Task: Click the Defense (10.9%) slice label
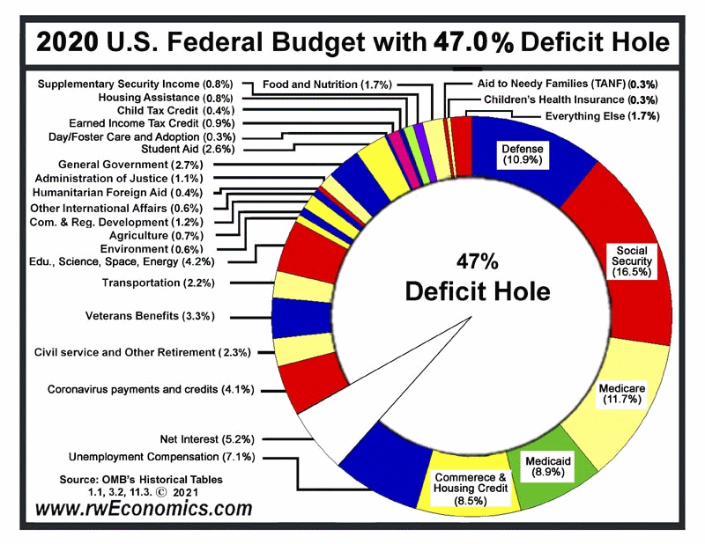point(523,155)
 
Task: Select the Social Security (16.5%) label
point(634,262)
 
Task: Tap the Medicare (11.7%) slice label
point(623,393)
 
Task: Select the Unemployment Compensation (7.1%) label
point(162,457)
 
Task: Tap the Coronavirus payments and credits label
point(151,388)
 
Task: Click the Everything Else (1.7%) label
point(602,116)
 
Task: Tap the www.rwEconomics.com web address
point(144,508)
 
